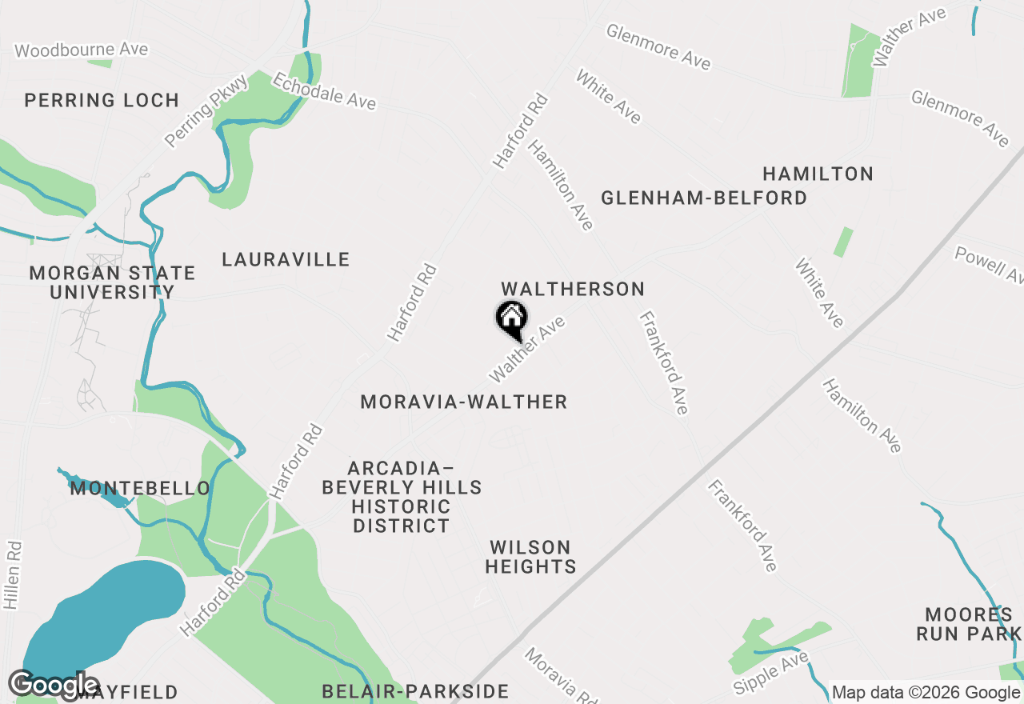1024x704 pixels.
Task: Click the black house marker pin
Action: pos(511,320)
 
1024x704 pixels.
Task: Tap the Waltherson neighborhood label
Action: pos(572,289)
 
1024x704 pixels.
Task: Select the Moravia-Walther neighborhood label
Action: pos(464,402)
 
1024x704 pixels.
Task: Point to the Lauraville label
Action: pos(286,259)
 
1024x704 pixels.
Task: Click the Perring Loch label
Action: pos(102,100)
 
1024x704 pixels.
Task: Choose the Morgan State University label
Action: pos(112,282)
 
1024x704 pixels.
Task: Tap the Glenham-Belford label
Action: pos(704,198)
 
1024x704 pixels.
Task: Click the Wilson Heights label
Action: pos(530,558)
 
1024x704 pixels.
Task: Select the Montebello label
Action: pos(140,488)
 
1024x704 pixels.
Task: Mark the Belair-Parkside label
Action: pos(415,691)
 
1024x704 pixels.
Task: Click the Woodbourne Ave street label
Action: pos(82,50)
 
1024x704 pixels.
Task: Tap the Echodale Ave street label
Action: pos(324,90)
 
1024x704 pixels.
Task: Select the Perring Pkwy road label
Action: pos(196,112)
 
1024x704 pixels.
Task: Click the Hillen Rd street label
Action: pos(12,575)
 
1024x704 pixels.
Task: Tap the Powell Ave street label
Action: pos(989,264)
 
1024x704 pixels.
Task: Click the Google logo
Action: pos(54,685)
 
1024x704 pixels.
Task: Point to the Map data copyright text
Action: pos(926,692)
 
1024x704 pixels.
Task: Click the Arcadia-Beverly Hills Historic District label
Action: pos(402,497)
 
